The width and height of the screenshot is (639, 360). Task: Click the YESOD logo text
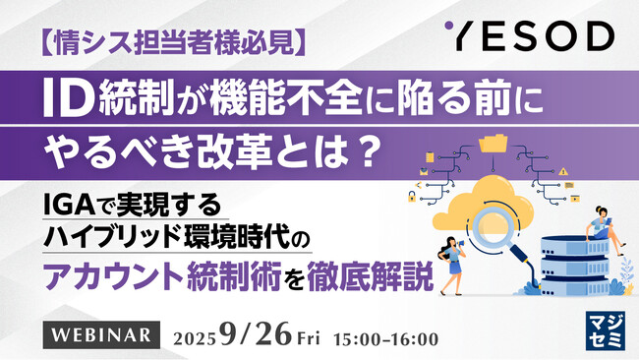point(537,37)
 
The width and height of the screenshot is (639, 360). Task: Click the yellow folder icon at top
point(494,146)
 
